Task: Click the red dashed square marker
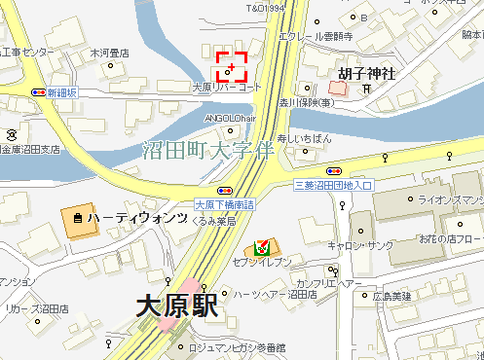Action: click(231, 67)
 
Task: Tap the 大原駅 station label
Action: click(176, 308)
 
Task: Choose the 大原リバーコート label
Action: click(227, 88)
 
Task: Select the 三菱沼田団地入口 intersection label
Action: click(334, 183)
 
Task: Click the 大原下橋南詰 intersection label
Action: click(224, 204)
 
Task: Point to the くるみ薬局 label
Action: click(215, 220)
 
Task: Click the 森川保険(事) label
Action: click(308, 100)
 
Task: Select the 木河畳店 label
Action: click(110, 53)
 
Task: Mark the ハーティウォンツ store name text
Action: click(136, 219)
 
